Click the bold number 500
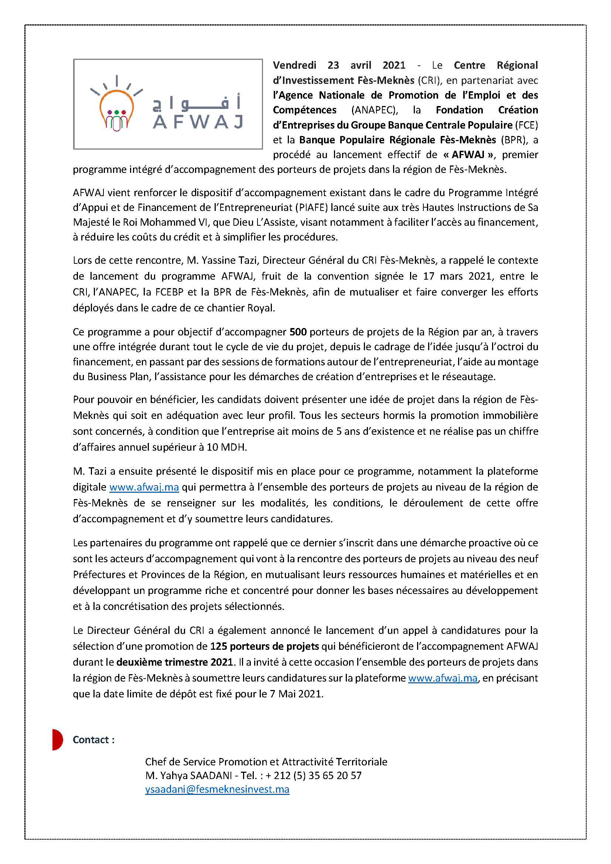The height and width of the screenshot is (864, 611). click(298, 332)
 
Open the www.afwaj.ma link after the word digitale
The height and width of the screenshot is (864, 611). click(144, 487)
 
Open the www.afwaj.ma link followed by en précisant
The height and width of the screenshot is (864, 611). click(443, 678)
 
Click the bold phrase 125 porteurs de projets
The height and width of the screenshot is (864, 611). click(264, 646)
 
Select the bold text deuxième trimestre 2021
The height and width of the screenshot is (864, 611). click(175, 662)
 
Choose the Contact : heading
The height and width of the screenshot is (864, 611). click(94, 740)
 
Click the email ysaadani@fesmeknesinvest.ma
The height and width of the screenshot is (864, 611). click(217, 789)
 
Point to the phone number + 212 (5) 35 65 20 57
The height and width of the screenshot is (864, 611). click(313, 776)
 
